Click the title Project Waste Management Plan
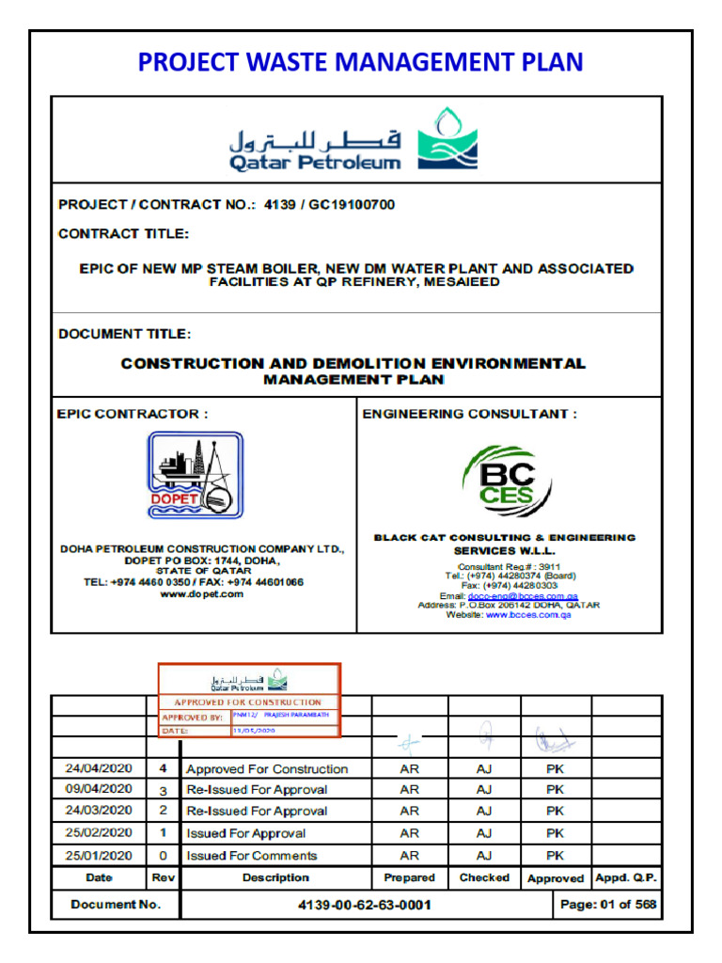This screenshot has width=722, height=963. [x=360, y=62]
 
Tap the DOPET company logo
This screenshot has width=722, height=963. [x=195, y=475]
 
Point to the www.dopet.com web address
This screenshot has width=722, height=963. [x=202, y=594]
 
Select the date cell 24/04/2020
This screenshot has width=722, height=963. [x=99, y=768]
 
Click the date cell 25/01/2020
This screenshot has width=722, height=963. [x=99, y=856]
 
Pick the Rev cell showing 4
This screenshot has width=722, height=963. [x=163, y=768]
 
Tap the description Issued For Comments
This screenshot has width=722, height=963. [x=251, y=856]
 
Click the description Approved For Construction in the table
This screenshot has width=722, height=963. [x=267, y=769]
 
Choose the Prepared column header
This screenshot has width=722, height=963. [x=409, y=877]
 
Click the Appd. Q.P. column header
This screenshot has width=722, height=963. [x=626, y=877]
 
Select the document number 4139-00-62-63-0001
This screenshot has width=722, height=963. [x=366, y=905]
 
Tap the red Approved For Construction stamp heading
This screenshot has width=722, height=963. [x=248, y=703]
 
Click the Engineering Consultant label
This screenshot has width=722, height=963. [x=469, y=414]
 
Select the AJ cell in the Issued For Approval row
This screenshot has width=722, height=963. [x=484, y=833]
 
